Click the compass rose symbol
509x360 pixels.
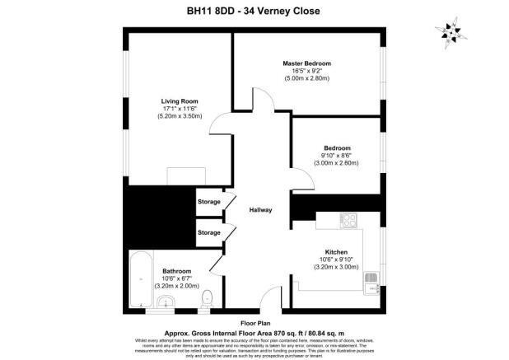point(448,32)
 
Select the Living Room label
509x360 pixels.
point(179,101)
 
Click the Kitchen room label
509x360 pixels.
point(336,252)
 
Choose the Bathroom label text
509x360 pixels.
point(177,271)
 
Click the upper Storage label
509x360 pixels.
point(209,201)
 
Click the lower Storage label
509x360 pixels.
point(209,232)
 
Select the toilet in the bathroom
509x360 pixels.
point(208,298)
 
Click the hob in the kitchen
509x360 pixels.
point(348,221)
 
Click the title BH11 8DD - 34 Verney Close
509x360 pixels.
point(253,12)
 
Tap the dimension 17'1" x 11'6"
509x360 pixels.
point(179,110)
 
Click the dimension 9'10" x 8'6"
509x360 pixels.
point(336,157)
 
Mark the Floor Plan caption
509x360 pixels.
point(255,324)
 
